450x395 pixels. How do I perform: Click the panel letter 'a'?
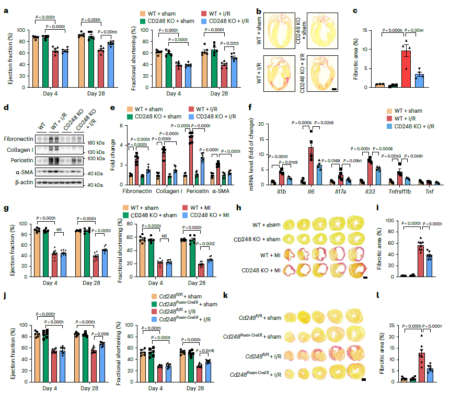tap(6, 9)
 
